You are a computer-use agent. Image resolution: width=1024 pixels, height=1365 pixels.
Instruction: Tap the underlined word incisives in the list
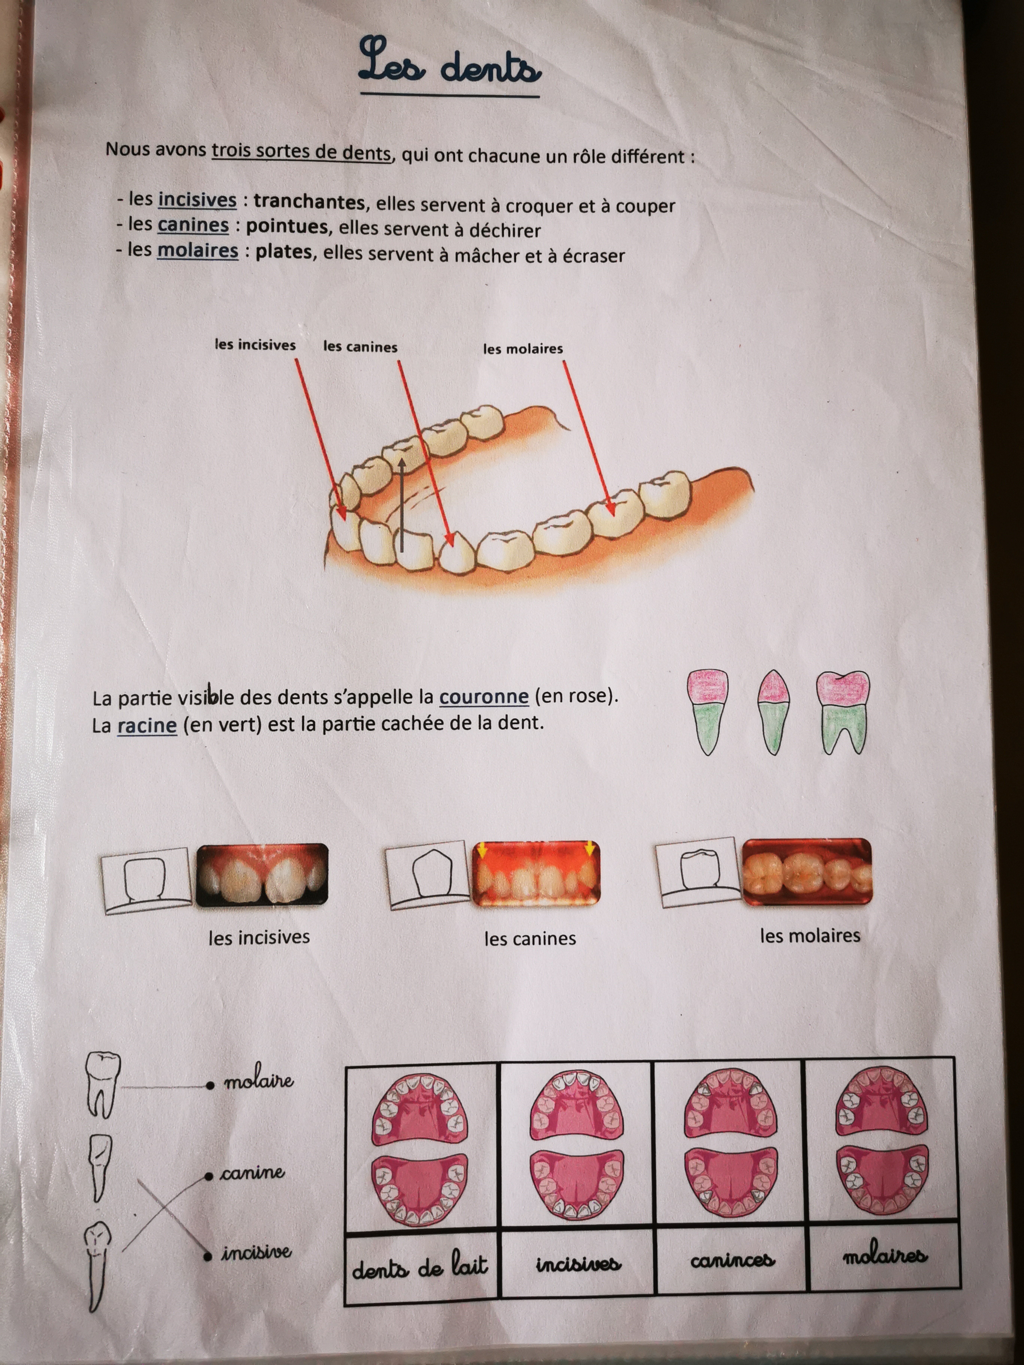[x=197, y=200]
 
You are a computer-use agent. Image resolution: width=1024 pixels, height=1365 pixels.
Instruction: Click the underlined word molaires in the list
[x=197, y=251]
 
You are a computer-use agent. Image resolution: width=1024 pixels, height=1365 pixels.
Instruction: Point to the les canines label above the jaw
[x=360, y=347]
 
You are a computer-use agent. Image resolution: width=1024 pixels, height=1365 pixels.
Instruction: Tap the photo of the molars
[x=807, y=871]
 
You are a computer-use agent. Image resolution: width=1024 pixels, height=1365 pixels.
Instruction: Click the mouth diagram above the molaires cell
[x=882, y=1148]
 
